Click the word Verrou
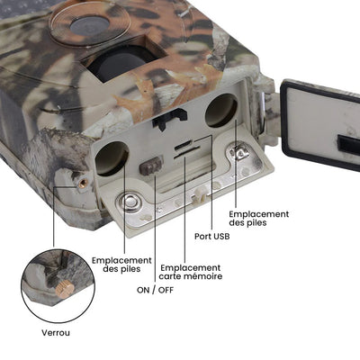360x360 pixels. pos(56,332)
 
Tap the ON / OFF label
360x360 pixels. pos(156,290)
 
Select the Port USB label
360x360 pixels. pos(212,237)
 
